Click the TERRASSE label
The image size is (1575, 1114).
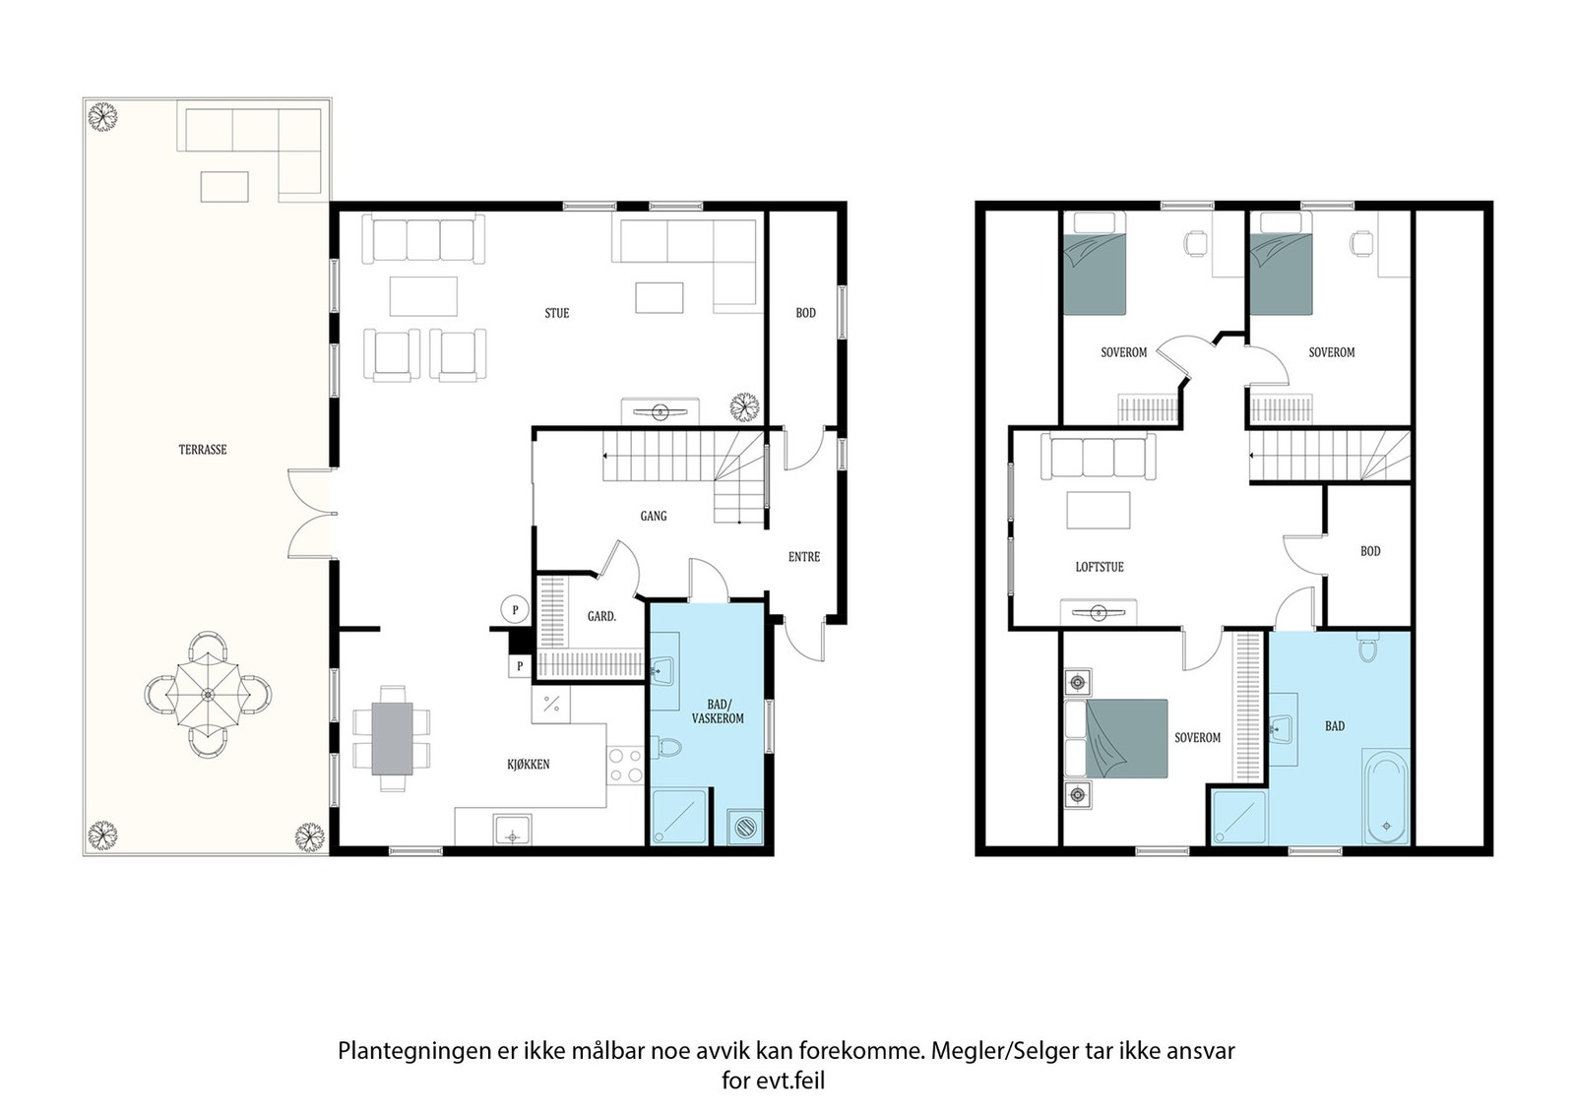pos(203,450)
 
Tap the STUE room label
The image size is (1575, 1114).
pos(557,314)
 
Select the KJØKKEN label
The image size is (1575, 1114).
pos(528,765)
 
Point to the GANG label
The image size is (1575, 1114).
pos(654,516)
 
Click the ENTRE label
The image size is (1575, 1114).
pos(803,557)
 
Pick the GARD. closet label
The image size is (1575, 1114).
pos(601,616)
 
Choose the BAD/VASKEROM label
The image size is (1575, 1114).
pos(718,712)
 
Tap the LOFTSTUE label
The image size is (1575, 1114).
pos(1100,567)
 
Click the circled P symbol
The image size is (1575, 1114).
pos(515,609)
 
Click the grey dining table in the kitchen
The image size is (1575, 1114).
pos(393,738)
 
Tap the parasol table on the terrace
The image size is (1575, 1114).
pos(208,695)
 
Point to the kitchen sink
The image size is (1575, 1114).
pos(513,830)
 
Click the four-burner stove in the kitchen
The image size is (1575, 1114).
pos(625,766)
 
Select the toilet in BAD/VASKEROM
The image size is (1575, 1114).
pos(666,746)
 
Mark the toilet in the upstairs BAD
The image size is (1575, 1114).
pos(1368,648)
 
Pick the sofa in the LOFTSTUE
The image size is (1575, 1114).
pos(1099,457)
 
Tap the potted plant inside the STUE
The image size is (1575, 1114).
pos(744,406)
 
